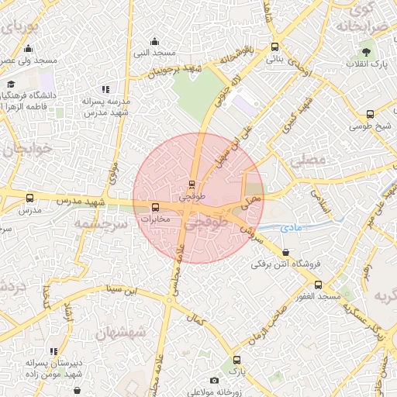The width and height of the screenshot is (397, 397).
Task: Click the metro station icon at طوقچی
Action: click(192, 184)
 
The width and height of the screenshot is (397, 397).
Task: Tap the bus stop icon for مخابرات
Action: click(156, 207)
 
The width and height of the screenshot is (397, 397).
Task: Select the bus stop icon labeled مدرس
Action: click(29, 198)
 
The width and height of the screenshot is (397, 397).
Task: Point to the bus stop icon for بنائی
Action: click(274, 47)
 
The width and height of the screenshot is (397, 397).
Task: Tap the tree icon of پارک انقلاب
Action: click(365, 52)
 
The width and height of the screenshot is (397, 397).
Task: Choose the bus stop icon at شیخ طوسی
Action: click(370, 115)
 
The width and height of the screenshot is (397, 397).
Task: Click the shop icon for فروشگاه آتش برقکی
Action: click(286, 252)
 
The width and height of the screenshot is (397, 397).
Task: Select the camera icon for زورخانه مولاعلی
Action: click(214, 380)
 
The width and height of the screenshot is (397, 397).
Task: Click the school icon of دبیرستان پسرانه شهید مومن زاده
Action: click(53, 351)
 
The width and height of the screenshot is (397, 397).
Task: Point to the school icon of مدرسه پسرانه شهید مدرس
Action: click(105, 90)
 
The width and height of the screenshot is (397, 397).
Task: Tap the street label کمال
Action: click(196, 319)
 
